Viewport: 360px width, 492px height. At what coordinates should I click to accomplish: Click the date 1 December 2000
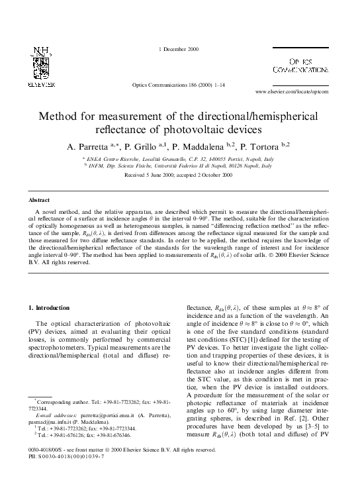pyautogui.click(x=179, y=50)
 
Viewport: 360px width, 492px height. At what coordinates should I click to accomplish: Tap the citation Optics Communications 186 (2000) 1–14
pyautogui.click(x=178, y=86)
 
